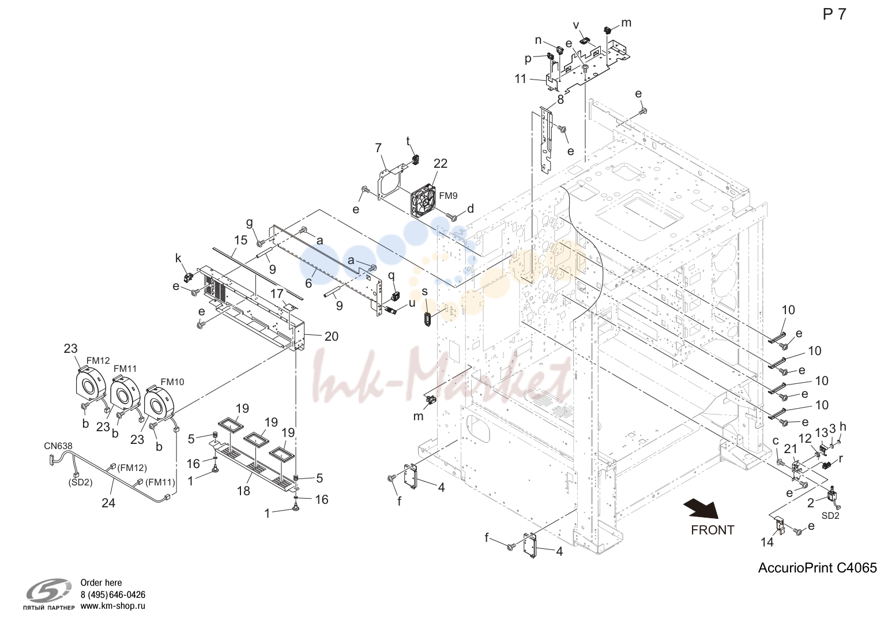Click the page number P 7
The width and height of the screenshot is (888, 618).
[x=834, y=14]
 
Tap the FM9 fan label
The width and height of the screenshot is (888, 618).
[x=449, y=195]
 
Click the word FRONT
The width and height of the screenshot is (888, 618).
[x=712, y=530]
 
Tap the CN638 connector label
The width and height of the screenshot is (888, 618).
[x=58, y=446]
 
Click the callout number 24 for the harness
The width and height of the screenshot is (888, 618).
[x=108, y=503]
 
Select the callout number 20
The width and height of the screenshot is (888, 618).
[x=332, y=337]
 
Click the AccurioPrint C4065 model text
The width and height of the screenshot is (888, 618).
[x=818, y=568]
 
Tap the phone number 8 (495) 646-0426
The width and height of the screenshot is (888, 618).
[x=113, y=594]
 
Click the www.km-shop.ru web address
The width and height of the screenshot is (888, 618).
[x=113, y=606]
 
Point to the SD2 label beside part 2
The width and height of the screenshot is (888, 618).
[x=830, y=516]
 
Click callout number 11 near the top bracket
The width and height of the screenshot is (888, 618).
[x=520, y=79]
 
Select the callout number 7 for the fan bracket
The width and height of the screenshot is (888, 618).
[x=378, y=148]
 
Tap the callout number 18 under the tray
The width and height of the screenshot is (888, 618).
[x=243, y=491]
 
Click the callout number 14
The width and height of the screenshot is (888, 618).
[x=767, y=542]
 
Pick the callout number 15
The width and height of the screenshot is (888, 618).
[x=240, y=240]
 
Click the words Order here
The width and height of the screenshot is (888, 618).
[x=101, y=583]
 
